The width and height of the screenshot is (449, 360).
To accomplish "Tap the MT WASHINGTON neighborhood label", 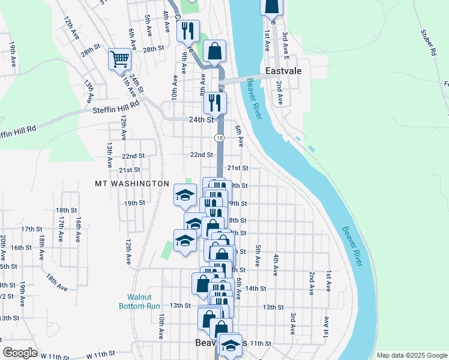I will pos(132,183).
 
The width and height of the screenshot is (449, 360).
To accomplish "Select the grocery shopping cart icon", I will pos(119,59).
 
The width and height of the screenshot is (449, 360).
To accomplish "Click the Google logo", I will pos(20,352).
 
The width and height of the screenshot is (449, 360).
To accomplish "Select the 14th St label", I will pos(256,289).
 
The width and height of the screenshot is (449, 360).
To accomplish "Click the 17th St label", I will pos(28,229).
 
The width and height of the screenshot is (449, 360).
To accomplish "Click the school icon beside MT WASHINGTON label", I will pos(185,194).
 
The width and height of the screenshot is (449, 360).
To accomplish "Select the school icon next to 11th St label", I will pos(230,344).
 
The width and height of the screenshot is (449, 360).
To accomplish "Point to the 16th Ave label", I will pos(79,230).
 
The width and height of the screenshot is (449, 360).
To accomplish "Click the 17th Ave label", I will pos(61,230).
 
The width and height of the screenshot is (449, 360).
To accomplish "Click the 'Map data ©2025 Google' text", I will pos(412,355).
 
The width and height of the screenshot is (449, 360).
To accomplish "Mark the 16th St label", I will pos(21,247).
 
